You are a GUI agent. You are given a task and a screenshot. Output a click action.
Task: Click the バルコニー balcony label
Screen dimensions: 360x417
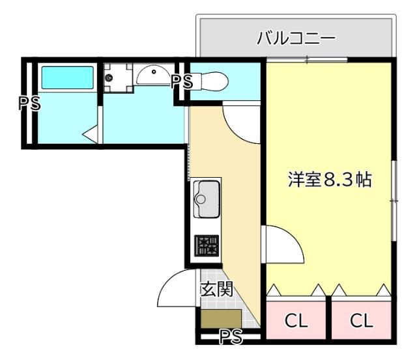tap(296, 38)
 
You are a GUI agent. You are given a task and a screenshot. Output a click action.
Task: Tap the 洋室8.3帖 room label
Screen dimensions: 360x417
tap(330, 180)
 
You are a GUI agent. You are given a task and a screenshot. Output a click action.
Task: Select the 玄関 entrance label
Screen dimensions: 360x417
tap(216, 289)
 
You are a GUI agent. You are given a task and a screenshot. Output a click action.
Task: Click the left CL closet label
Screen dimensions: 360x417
tap(296, 320)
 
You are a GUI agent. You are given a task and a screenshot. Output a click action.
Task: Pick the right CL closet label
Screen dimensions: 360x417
tap(362, 320)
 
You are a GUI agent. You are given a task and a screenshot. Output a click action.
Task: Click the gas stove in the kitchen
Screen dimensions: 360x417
tap(207, 245)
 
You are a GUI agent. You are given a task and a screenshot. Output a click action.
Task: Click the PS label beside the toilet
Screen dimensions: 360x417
tap(182, 81)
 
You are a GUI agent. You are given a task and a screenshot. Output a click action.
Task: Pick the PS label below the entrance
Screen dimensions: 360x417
tap(230, 336)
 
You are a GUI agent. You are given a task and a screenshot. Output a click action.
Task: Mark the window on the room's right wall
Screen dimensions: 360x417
tap(394, 202)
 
